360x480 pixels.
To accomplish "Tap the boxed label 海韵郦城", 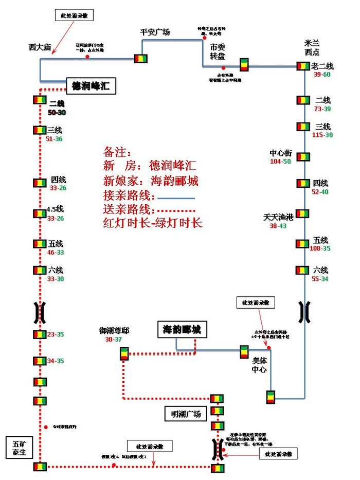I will click(x=182, y=329).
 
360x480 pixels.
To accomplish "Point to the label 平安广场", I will click(x=155, y=32).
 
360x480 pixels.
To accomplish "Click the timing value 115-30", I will click(x=322, y=135).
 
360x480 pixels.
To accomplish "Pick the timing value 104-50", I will click(x=280, y=162).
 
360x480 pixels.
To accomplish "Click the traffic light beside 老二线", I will click(x=302, y=66).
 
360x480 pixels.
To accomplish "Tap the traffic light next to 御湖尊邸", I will click(x=124, y=353).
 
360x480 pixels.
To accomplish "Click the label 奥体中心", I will click(x=259, y=365).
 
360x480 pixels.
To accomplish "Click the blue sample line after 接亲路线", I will click(x=176, y=198).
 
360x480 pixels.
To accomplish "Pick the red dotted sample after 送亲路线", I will click(x=176, y=211).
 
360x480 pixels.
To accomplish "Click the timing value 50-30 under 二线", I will click(x=57, y=112).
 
